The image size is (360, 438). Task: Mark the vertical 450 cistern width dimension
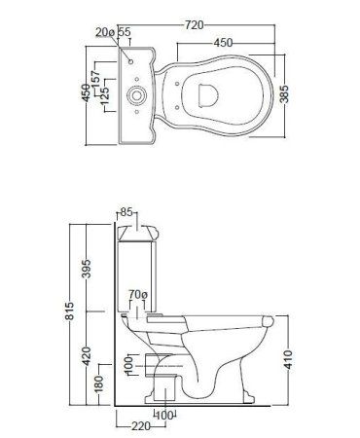click(x=86, y=92)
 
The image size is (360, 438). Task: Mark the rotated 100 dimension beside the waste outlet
click(x=129, y=363)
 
